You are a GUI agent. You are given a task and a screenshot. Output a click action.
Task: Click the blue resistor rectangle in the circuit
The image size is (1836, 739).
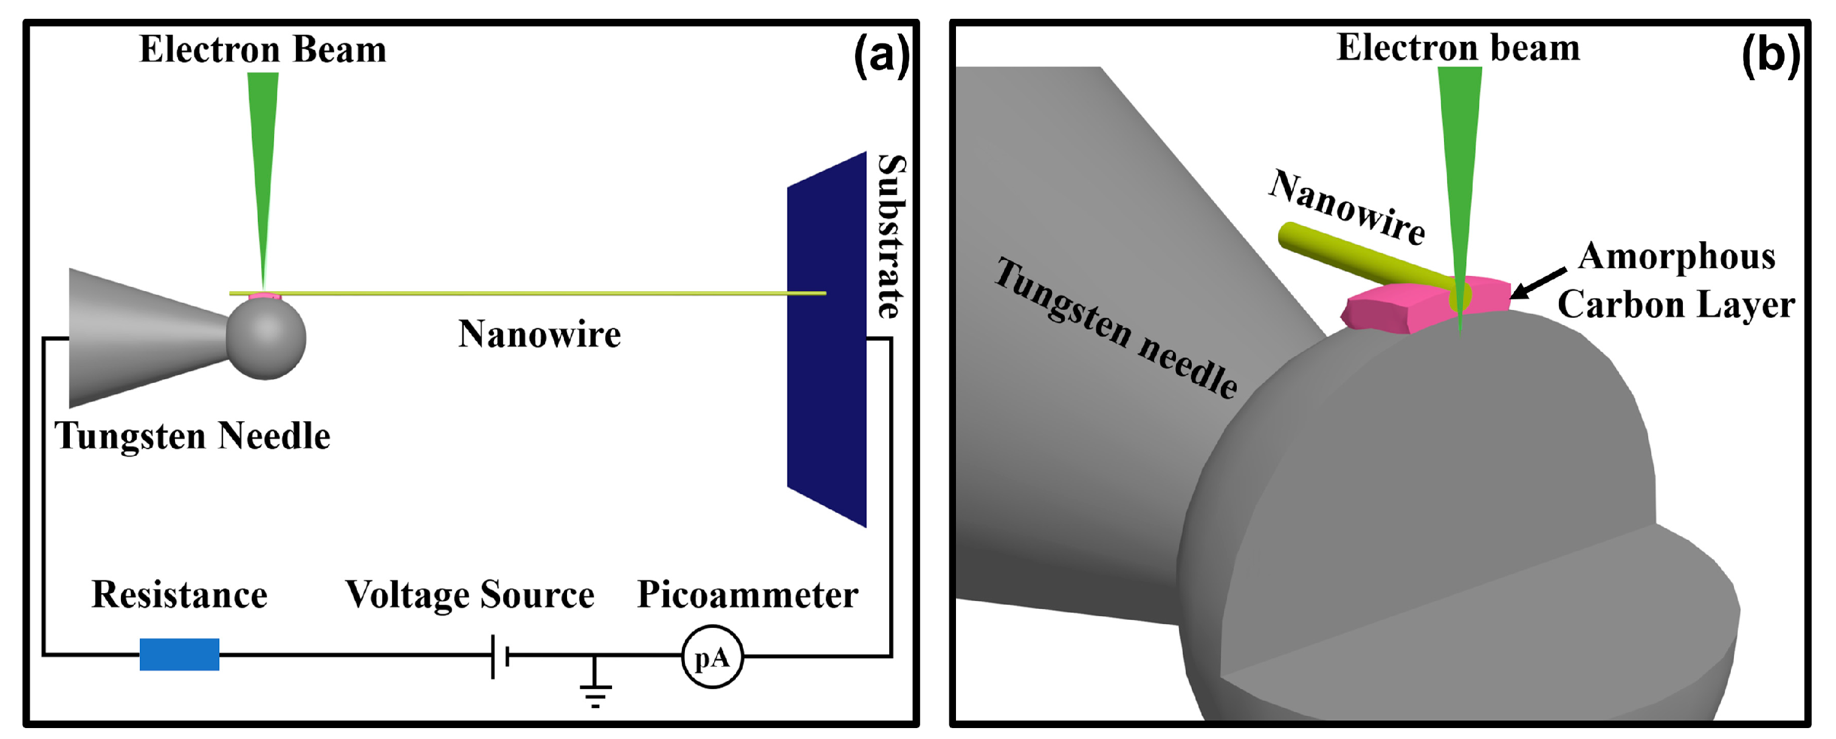coord(179,654)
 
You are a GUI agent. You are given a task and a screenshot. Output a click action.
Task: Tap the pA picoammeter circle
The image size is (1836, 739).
coord(712,656)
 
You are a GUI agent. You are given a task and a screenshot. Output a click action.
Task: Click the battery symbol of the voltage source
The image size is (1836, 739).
coord(499,656)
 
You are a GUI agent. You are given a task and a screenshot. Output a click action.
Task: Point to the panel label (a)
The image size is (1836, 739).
coord(881,55)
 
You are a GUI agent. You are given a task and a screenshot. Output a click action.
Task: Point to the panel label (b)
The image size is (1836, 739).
coord(1770,55)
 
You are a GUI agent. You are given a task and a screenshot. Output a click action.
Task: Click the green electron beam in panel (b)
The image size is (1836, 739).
coord(1459,164)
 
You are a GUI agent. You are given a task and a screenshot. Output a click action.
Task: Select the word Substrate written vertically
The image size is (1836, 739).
coord(891,236)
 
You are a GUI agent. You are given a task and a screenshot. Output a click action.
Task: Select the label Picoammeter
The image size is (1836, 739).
coord(747,594)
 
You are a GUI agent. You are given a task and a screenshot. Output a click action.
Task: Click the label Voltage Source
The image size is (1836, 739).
coord(470,594)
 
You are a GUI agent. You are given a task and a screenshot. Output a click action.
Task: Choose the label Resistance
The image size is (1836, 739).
coord(180,594)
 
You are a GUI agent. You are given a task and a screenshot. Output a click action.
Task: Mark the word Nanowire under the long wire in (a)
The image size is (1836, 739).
coord(540,334)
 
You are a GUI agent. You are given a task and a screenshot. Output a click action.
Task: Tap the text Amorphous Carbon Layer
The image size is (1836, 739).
coord(1676,280)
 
